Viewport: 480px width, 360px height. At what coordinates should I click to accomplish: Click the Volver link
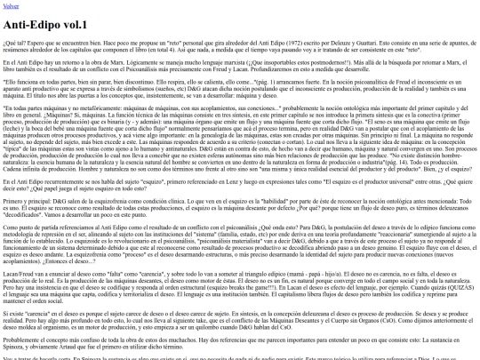12,7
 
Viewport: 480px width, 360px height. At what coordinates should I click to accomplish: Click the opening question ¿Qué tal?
13,41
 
